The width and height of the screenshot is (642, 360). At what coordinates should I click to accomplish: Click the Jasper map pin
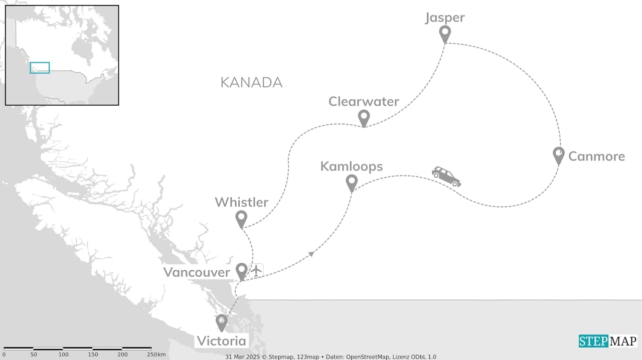pos(444,34)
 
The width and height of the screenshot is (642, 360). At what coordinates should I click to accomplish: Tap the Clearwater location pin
pos(364,118)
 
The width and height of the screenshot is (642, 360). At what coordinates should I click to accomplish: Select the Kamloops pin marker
pos(352,183)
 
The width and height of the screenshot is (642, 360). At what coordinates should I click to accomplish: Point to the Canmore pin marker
pos(558,155)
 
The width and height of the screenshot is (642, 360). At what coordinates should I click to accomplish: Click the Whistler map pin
pos(241,219)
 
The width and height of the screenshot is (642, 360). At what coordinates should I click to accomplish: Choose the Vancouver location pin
pos(242,271)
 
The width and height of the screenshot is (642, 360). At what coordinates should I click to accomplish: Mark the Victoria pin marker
pos(221,322)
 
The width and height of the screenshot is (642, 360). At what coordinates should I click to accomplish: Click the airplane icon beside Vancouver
pos(256,270)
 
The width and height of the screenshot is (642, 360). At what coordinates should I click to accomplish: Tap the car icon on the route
pos(446,176)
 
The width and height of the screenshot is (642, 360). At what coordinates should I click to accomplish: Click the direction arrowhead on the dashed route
pos(312,254)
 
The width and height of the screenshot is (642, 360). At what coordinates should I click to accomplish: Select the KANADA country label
pos(251,83)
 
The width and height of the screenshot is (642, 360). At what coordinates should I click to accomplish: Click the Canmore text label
pos(596,156)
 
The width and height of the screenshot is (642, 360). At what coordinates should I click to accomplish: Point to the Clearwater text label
pos(364,101)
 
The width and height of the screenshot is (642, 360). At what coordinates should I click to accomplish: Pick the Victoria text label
pos(221,341)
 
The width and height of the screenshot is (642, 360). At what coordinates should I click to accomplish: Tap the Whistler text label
pos(241,202)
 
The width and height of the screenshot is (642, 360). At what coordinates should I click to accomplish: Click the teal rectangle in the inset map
pos(40,68)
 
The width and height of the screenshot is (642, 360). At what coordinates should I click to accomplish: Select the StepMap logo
pos(608,341)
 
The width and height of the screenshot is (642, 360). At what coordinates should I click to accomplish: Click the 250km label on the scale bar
pos(157,354)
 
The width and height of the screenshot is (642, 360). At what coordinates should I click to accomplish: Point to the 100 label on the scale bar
pos(63,354)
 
